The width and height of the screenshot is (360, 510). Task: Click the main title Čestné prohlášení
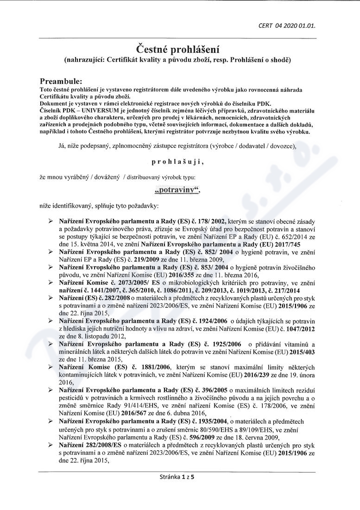point(177,49)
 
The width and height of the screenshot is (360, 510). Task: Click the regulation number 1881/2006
point(149,367)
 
